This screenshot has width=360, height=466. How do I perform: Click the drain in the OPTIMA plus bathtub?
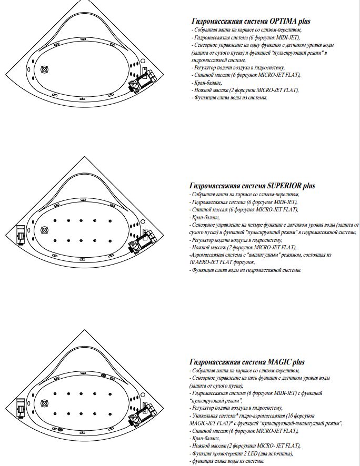(44, 69)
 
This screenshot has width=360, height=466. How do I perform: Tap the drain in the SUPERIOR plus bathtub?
(44, 230)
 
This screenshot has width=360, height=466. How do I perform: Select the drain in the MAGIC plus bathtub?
(44, 404)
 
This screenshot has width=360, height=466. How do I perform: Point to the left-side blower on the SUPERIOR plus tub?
(20, 235)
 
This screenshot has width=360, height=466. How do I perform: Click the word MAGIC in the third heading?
(281, 362)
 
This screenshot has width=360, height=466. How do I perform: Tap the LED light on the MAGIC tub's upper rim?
(103, 374)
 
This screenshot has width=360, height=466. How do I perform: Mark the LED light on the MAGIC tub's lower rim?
(60, 430)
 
